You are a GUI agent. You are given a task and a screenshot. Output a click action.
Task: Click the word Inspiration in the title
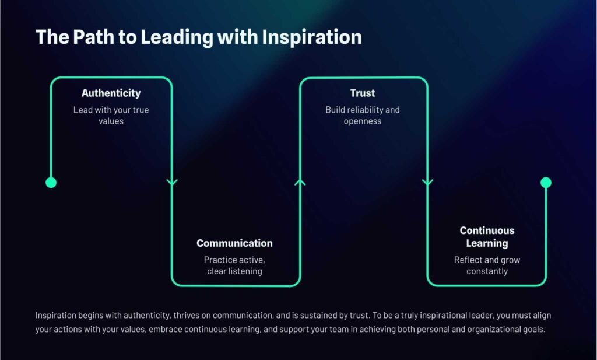pos(312,37)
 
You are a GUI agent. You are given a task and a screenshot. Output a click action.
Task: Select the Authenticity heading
pos(111,93)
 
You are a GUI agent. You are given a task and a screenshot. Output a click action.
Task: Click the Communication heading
pos(234,243)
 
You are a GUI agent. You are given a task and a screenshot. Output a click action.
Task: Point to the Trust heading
pos(363,93)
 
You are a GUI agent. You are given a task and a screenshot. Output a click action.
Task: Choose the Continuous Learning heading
pos(487,237)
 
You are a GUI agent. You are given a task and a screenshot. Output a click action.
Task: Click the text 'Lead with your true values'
pos(111,116)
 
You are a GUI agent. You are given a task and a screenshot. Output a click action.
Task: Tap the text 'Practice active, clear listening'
pos(234,265)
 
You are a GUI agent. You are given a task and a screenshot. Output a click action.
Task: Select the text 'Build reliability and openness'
pos(363,116)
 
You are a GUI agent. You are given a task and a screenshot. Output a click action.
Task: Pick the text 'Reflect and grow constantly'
pos(487,265)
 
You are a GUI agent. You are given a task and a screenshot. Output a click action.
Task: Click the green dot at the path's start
pos(51,183)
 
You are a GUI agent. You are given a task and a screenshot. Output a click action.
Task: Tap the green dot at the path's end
pos(546,183)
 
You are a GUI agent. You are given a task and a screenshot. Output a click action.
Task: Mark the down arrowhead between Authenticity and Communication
pos(172,182)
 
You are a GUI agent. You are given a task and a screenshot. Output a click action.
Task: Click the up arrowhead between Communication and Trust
pos(300,182)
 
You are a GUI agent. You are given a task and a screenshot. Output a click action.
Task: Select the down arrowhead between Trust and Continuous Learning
pos(428,182)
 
